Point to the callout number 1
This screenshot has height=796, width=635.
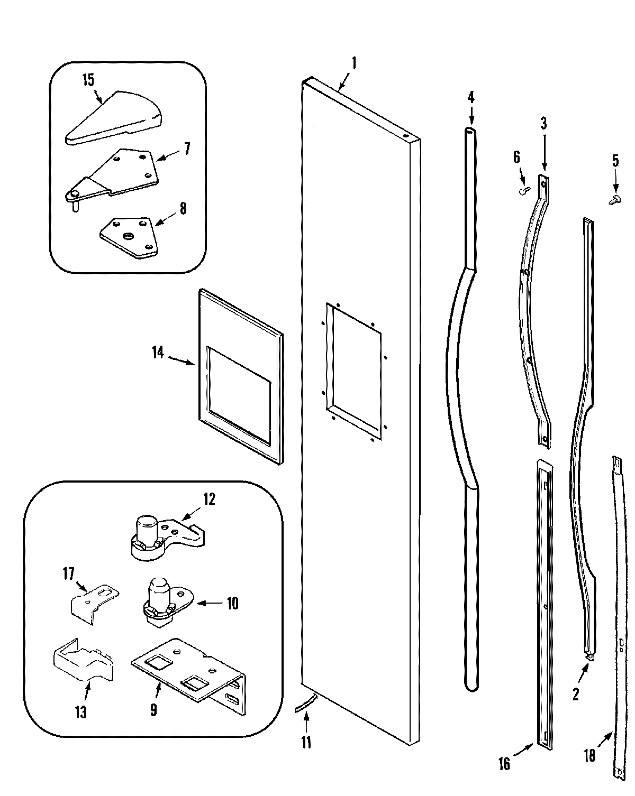coord(354,63)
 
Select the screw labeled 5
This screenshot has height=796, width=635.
coord(614,199)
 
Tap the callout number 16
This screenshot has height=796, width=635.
coord(504,763)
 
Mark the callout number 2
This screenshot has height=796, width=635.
coord(576,693)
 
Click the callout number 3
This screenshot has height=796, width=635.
coord(543,124)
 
